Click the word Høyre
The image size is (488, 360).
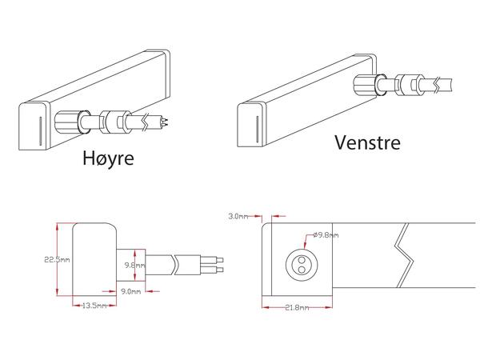(x=108, y=158)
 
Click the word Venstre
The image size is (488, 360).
(x=367, y=142)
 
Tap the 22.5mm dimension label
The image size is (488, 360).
(x=57, y=259)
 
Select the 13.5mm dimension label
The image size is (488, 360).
(x=94, y=306)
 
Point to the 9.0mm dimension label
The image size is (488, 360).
(x=130, y=291)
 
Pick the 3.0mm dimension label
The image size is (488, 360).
(x=238, y=216)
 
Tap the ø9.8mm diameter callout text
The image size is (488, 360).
(x=326, y=235)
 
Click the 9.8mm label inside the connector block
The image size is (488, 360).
(x=134, y=265)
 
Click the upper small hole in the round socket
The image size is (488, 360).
(x=302, y=259)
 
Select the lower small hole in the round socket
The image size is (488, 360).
(x=302, y=270)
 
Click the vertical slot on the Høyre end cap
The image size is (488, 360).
(x=40, y=131)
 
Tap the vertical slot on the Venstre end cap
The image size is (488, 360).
(x=257, y=130)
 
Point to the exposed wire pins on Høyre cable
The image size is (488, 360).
(x=164, y=121)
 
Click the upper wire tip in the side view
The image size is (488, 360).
(x=220, y=259)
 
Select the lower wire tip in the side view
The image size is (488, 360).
(x=220, y=269)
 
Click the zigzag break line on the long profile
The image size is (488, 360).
(x=404, y=255)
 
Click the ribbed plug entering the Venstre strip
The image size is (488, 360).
(x=366, y=85)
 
